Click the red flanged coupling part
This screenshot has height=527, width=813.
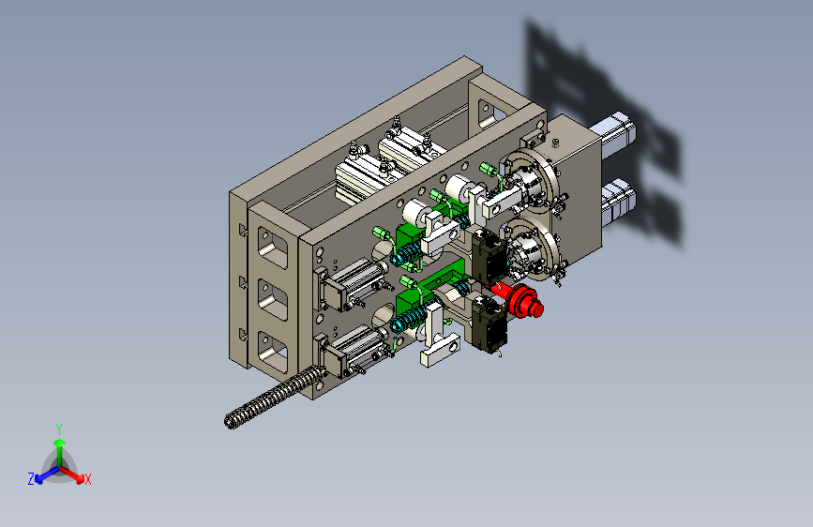tap(521, 301)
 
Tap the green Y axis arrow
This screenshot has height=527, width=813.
tap(60, 452)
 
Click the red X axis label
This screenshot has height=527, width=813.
tap(88, 479)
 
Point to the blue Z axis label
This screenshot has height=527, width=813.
tap(31, 479)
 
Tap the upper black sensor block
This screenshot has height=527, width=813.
tap(489, 256)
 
